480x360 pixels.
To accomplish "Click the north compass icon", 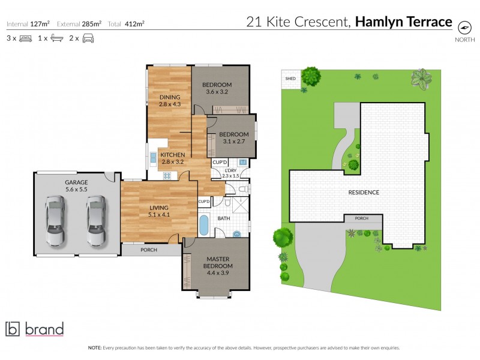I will pyautogui.click(x=464, y=27).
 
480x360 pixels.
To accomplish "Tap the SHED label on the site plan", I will pyautogui.click(x=290, y=78).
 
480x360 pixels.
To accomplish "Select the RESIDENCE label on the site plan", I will pyautogui.click(x=364, y=192).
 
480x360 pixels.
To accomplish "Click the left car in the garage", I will pyautogui.click(x=55, y=222).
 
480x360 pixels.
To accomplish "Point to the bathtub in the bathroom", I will pyautogui.click(x=203, y=226).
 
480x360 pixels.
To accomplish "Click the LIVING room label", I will pyautogui.click(x=159, y=208).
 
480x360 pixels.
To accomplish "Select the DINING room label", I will pyautogui.click(x=170, y=97).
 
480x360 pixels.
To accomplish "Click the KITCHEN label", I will pyautogui.click(x=172, y=155).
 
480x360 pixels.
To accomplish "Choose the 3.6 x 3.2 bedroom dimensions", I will pyautogui.click(x=218, y=92).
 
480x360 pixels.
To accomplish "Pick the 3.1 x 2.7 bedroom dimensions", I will pyautogui.click(x=233, y=142).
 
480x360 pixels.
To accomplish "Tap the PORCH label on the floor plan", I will pyautogui.click(x=148, y=250).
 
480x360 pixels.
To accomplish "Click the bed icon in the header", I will pyautogui.click(x=25, y=38).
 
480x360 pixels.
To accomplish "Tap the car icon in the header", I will pyautogui.click(x=88, y=38).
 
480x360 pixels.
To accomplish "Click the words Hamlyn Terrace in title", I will pyautogui.click(x=403, y=22).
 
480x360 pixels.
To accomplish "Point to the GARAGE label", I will pyautogui.click(x=76, y=182).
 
